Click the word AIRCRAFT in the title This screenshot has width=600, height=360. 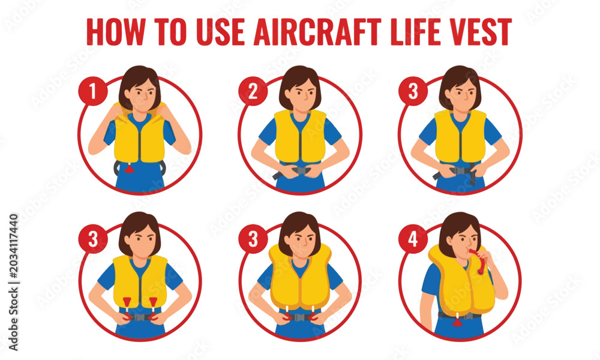coord(317,32)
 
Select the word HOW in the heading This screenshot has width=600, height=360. coord(116,32)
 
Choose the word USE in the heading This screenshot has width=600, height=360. coord(220,32)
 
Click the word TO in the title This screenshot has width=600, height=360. coord(170,32)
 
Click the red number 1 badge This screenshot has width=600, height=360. coord(93,91)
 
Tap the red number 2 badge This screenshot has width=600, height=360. coord(253,91)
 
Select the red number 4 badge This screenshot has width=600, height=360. coord(413,239)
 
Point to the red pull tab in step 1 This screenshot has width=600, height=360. coord(130,167)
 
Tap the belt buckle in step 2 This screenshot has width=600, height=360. coord(299,170)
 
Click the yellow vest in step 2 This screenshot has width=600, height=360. coord(300,137)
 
